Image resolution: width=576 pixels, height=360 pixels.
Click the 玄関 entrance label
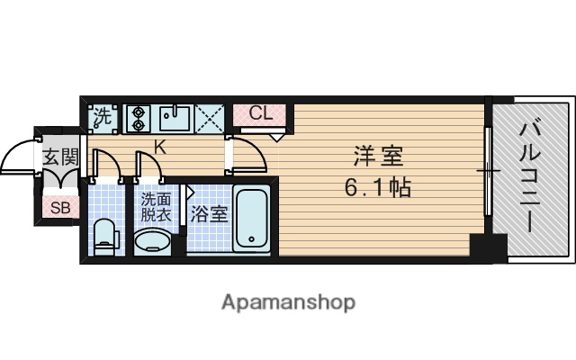60,157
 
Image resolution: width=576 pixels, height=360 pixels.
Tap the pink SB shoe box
61,208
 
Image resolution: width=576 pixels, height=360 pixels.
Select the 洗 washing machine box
103,116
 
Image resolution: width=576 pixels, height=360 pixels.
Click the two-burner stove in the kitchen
139,116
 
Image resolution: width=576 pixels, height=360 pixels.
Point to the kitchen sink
173,116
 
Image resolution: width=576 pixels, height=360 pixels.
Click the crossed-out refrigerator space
211,116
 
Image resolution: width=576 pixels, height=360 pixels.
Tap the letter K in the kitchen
158,145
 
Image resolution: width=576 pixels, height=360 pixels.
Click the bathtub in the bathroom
251,220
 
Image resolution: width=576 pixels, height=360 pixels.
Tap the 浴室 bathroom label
209,214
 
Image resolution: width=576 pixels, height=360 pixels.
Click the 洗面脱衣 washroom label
155,209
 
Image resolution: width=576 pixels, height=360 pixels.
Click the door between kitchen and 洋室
250,155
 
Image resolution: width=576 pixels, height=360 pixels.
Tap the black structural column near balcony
490,246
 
